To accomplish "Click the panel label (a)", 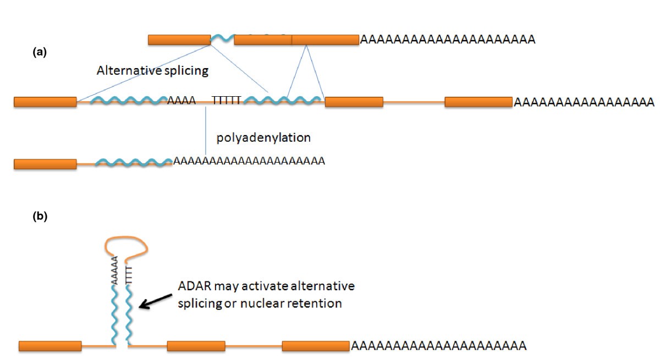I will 40,52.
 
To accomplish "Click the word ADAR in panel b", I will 193,287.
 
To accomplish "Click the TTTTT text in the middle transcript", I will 227,101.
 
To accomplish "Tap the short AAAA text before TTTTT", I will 182,101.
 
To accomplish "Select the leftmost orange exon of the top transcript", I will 179,40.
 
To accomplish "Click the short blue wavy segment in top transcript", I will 222,39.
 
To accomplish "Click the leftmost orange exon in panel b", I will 50,346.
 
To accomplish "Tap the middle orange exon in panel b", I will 196,346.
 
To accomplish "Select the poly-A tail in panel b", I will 438,346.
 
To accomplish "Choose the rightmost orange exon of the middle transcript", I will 478,102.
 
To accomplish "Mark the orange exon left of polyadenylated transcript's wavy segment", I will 45,163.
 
